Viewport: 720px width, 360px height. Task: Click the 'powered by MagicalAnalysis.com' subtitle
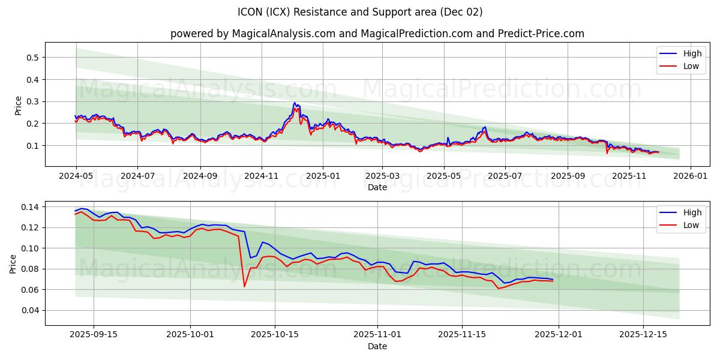click(377, 34)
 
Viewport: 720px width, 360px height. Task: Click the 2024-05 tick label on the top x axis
click(76, 176)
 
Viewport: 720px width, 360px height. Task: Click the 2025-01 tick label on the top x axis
click(323, 176)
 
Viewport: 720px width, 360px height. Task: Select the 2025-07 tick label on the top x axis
click(505, 176)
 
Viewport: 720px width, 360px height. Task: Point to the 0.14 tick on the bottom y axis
click(29, 207)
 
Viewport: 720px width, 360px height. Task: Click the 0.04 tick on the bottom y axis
click(29, 310)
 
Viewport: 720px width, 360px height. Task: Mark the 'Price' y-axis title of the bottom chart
click(14, 263)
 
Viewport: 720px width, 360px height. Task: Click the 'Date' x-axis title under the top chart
click(377, 187)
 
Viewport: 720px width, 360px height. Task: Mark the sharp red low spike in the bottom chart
click(244, 286)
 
